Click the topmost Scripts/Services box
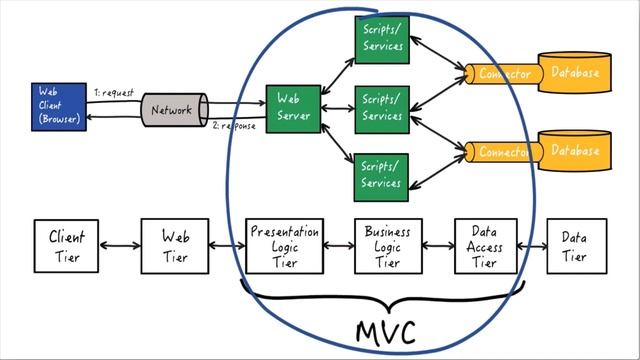pos(381,38)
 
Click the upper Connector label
pos(504,73)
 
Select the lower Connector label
pos(504,152)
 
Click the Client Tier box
pos(67,246)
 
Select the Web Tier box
pos(175,246)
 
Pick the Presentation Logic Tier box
pos(284,246)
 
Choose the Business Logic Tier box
pos(387,246)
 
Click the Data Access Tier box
pos(485,246)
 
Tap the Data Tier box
pos(574,246)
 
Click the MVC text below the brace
pos(385,331)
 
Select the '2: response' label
pos(234,126)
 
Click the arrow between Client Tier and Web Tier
pos(121,246)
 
